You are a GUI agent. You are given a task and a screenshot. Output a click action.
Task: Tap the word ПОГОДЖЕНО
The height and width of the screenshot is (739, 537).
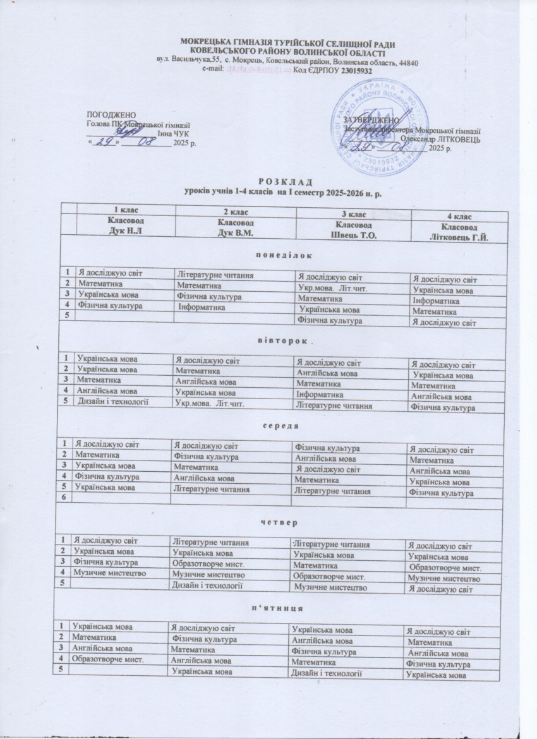111,115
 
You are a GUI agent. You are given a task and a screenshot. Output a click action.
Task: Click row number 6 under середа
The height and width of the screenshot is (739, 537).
63,498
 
